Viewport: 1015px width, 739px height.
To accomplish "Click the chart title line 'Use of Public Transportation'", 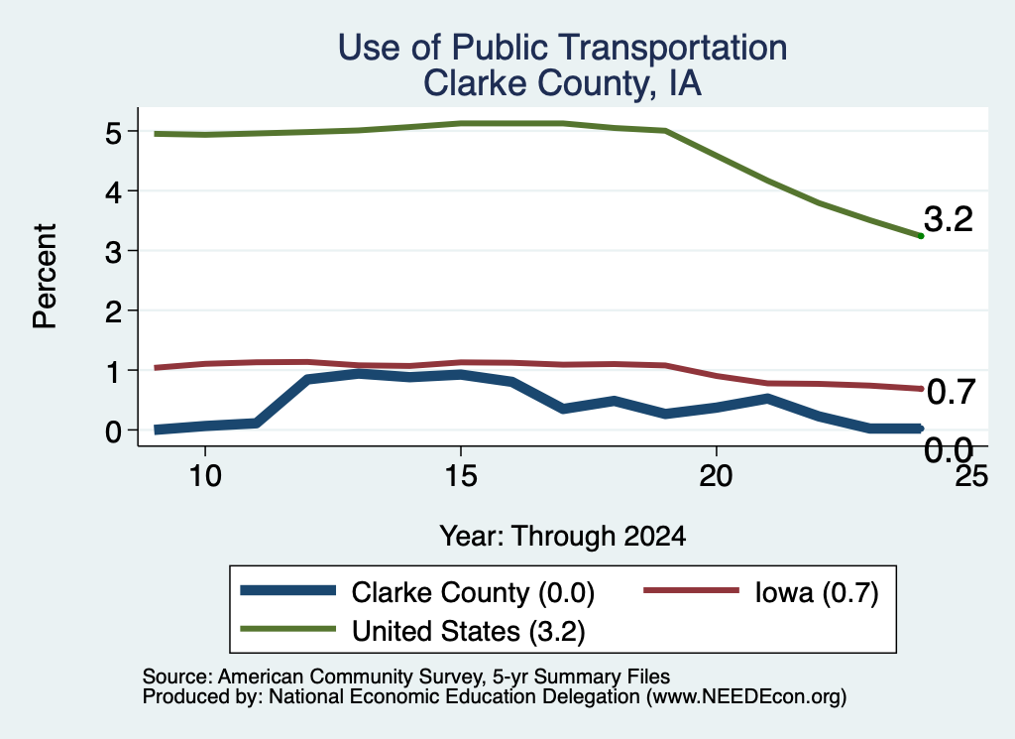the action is (x=563, y=48).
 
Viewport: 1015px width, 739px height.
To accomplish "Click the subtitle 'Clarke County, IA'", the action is (x=563, y=83).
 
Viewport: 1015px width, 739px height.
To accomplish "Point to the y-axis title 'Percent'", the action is (x=45, y=276).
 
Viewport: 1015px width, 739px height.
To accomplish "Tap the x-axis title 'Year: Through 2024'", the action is (x=563, y=537).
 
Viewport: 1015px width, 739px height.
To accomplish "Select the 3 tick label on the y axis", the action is (x=113, y=252).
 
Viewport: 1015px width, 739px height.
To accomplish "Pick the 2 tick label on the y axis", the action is (x=113, y=311).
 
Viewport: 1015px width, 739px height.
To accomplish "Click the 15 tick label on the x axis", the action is (x=461, y=477).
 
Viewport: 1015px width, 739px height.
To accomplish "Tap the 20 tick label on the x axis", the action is (x=716, y=477).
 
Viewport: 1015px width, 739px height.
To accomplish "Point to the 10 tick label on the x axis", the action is (x=205, y=477).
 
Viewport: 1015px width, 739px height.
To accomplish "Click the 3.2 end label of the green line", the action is (x=949, y=219).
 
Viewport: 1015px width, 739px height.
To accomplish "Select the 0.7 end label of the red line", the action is (x=951, y=392).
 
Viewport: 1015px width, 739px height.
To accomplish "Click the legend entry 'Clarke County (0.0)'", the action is (x=473, y=592).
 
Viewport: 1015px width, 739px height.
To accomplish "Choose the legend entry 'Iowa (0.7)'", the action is (x=817, y=592).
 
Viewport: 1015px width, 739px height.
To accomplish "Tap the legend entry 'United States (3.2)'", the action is (x=469, y=631).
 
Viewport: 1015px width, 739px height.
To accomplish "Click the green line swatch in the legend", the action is (x=288, y=628).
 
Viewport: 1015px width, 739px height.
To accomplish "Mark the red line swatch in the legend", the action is (x=691, y=590).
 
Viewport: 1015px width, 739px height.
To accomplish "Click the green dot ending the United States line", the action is (x=921, y=236).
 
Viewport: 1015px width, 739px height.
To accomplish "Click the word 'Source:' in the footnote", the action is (x=177, y=677).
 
